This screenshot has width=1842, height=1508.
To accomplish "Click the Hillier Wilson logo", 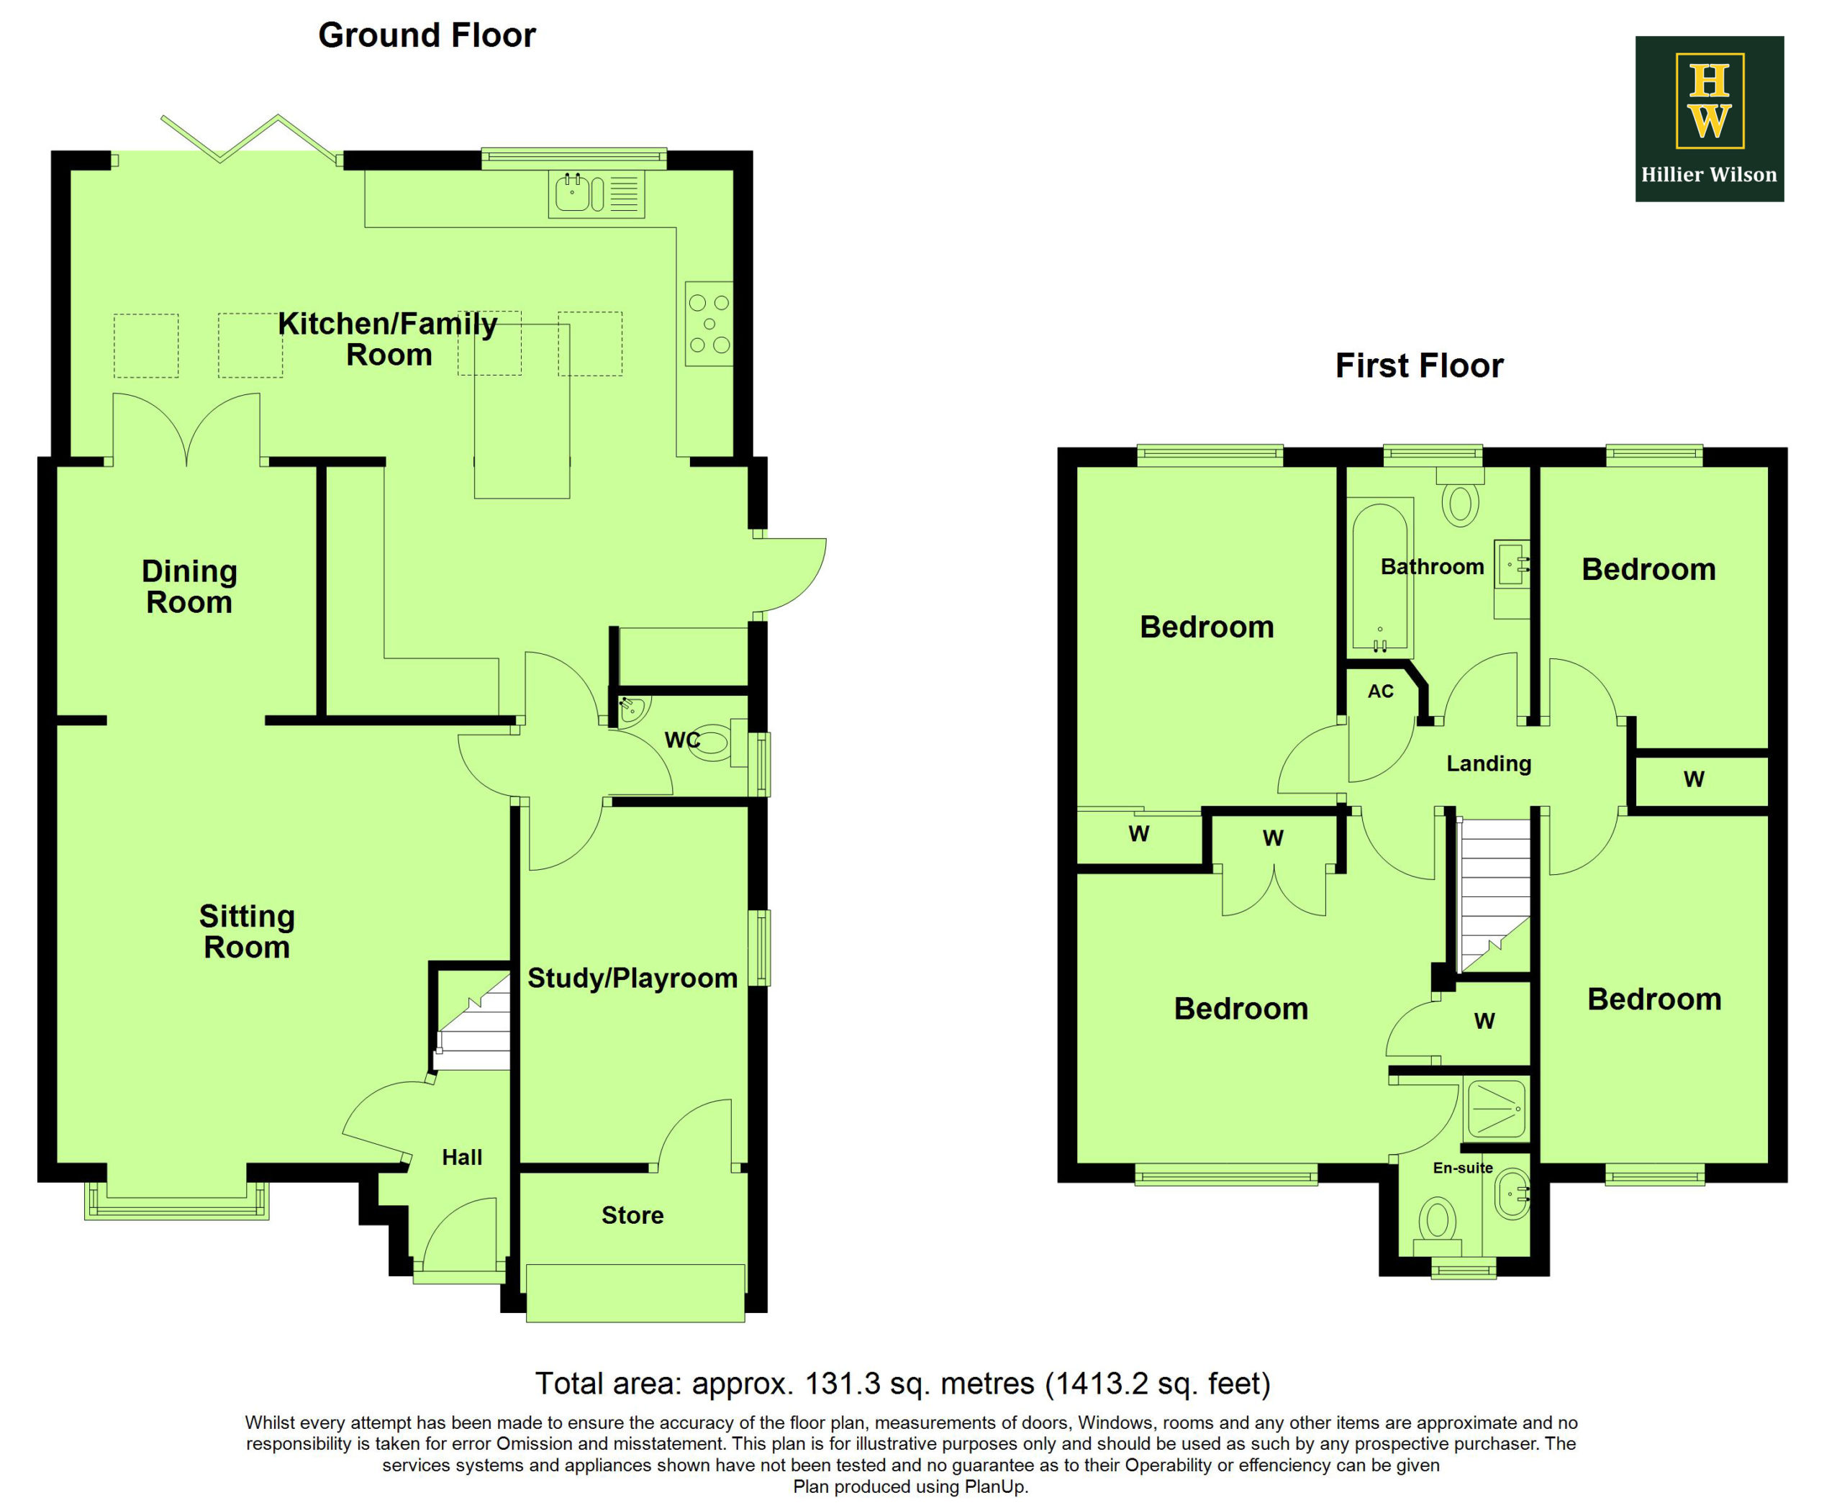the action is (1709, 119).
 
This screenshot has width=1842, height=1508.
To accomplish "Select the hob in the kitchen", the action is (709, 323).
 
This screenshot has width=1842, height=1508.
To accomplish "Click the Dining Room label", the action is (189, 586).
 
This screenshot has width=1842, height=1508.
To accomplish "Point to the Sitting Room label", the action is (247, 931).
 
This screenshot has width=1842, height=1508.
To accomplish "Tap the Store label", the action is (632, 1215).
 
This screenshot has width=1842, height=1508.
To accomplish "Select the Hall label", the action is (461, 1157).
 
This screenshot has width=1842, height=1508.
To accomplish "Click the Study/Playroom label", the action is (632, 978).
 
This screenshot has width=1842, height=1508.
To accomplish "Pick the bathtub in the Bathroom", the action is (1380, 575).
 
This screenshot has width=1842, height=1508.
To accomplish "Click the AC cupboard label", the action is (1381, 691).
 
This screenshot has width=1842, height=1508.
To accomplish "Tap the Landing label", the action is (1489, 764).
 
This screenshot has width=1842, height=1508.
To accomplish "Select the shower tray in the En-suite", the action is (1496, 1109).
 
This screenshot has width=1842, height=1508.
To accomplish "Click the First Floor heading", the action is (1419, 365).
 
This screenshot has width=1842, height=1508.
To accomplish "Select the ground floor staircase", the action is (473, 1022).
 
